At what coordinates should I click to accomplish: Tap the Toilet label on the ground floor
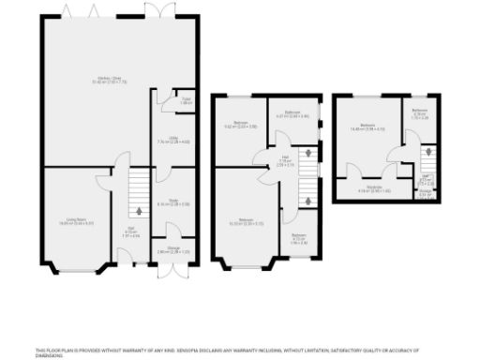tap(159, 101)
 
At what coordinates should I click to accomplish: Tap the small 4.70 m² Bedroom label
tap(298, 238)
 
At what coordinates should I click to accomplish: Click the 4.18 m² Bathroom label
tap(419, 113)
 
